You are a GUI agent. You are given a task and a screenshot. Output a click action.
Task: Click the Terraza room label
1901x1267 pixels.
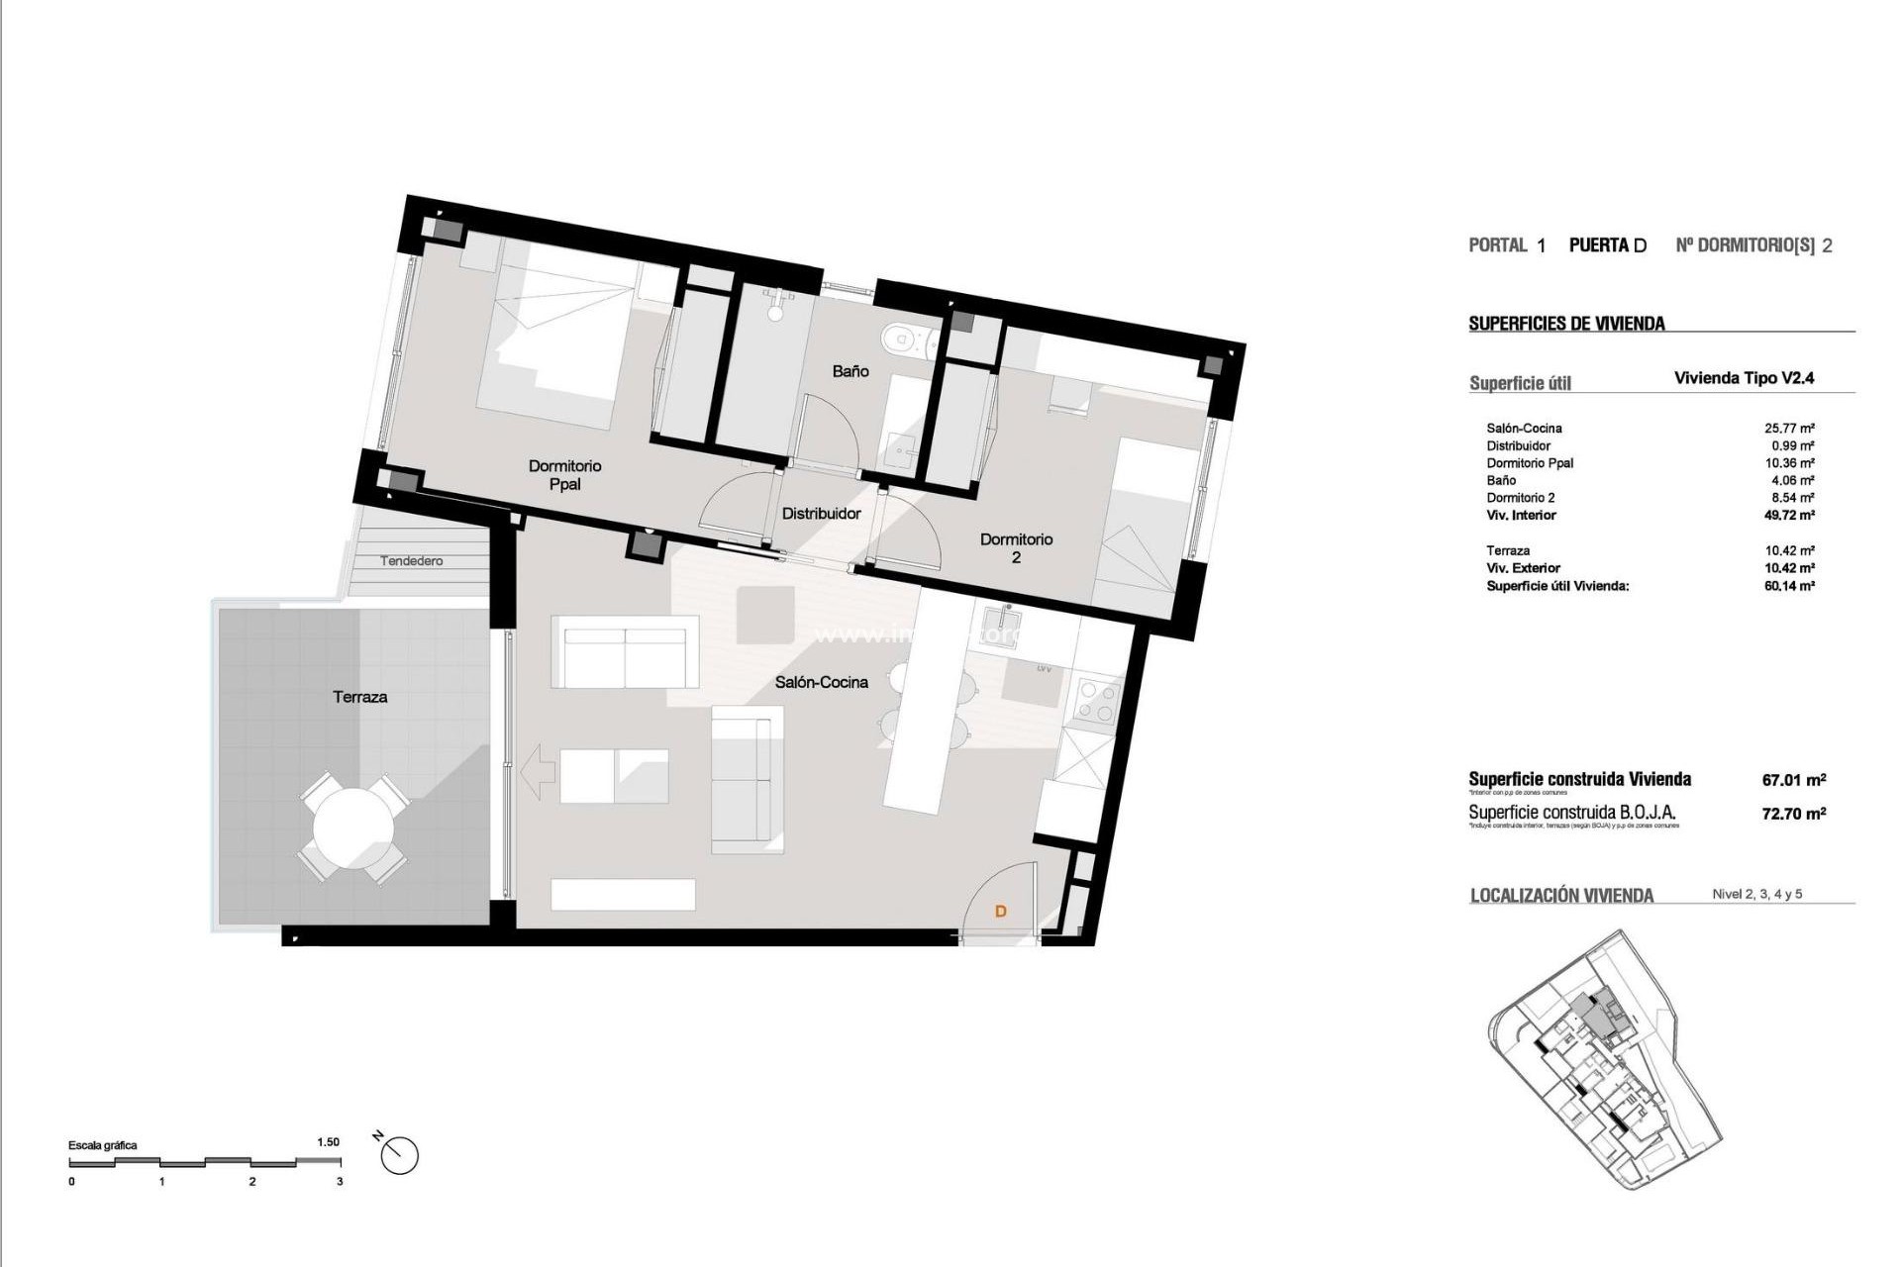(x=359, y=697)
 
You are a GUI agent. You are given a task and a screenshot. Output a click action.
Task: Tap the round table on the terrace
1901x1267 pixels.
(x=352, y=828)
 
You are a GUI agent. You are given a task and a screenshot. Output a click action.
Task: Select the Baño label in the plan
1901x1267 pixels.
(x=850, y=371)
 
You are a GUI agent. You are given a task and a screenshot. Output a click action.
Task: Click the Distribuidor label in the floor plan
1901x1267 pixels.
(x=821, y=514)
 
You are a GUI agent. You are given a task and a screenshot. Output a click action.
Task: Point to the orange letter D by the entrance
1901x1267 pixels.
(x=1000, y=911)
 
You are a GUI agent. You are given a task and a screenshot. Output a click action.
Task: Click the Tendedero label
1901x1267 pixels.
(x=412, y=561)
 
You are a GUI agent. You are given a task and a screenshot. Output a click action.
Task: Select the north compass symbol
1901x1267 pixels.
(x=398, y=1154)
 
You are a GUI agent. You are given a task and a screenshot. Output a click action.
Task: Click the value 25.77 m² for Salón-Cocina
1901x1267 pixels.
(x=1788, y=429)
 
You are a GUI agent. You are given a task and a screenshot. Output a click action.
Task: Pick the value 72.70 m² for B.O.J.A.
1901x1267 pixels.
(x=1793, y=814)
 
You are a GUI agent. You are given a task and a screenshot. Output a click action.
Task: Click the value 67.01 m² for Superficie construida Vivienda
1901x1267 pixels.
(x=1793, y=780)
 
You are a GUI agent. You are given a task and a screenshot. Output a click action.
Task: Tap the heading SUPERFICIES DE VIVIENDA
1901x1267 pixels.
(x=1565, y=324)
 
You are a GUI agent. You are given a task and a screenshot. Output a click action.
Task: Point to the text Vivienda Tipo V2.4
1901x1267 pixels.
(x=1743, y=378)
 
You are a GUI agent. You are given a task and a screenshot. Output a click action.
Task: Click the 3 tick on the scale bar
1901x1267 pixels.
(x=340, y=1181)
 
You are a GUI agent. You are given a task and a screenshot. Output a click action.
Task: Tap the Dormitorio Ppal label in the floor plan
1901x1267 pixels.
(x=564, y=475)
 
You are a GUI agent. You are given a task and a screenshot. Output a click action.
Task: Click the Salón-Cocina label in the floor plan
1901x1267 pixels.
(x=821, y=682)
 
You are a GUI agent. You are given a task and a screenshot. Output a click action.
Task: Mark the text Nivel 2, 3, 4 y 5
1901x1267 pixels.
(x=1756, y=894)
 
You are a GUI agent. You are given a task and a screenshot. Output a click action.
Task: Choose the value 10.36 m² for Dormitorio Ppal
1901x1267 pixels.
(x=1788, y=463)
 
